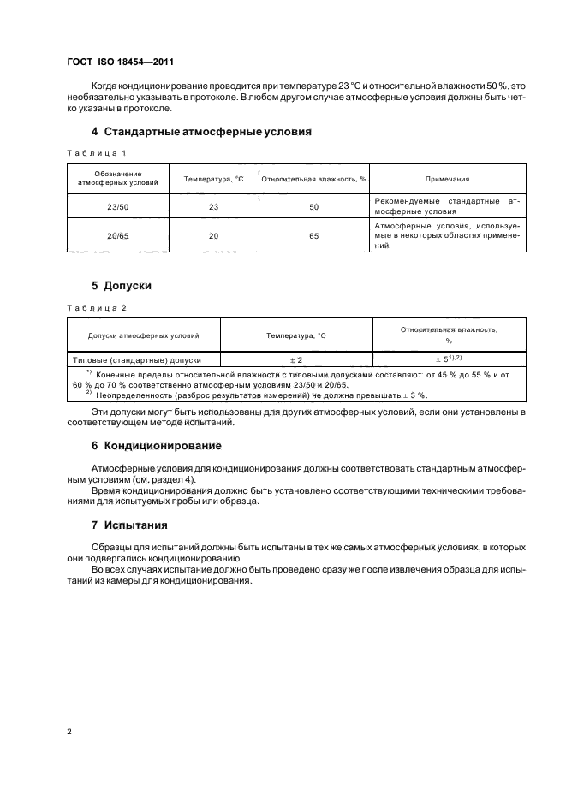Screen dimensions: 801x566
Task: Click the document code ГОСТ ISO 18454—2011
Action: pos(122,62)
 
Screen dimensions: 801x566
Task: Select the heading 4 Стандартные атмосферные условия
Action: pos(200,132)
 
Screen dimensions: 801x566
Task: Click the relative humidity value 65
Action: pos(314,235)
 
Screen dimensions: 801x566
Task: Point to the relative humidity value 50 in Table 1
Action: pos(314,206)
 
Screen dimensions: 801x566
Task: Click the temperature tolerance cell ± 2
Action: pos(296,359)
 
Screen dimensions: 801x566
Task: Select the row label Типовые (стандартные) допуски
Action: pos(138,359)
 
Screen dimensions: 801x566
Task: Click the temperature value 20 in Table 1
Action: pos(214,235)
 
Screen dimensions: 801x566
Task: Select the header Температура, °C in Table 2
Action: pos(296,335)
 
